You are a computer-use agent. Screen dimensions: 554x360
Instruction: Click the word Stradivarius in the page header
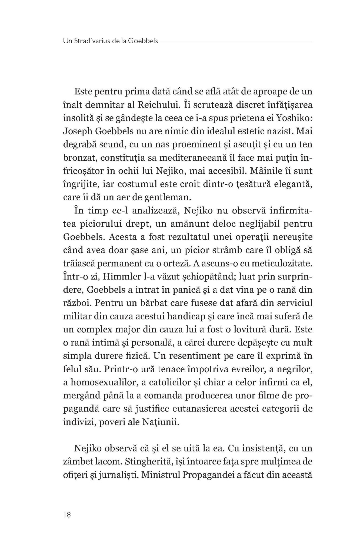90,41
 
